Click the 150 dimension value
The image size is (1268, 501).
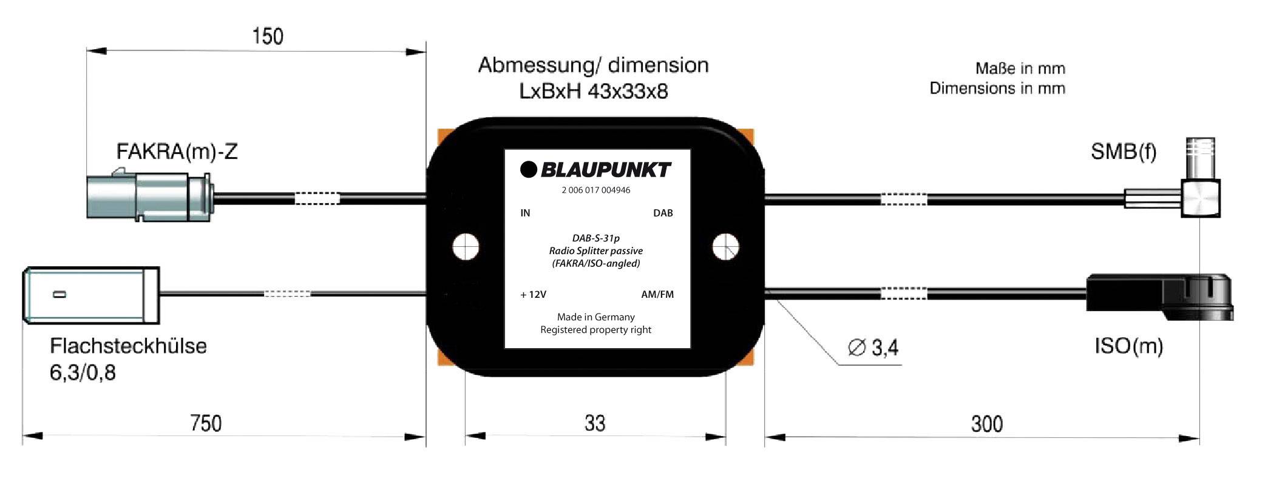point(268,36)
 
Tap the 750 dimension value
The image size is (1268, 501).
point(206,423)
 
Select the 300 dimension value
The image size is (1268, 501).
point(986,423)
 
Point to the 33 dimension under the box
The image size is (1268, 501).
point(595,423)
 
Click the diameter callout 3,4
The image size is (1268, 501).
point(874,348)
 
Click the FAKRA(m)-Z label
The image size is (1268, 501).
point(177,151)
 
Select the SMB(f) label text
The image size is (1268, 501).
point(1123,151)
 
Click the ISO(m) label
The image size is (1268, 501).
point(1128,346)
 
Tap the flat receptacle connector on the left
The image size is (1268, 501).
point(91,295)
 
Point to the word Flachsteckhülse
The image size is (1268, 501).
point(128,346)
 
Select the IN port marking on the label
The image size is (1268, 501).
point(525,213)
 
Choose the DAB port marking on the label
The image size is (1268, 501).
point(663,213)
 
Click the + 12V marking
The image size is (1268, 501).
point(533,295)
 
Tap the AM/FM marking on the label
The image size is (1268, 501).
point(657,295)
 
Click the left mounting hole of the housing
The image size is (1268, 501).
point(466,247)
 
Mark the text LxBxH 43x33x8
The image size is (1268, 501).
point(593,92)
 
